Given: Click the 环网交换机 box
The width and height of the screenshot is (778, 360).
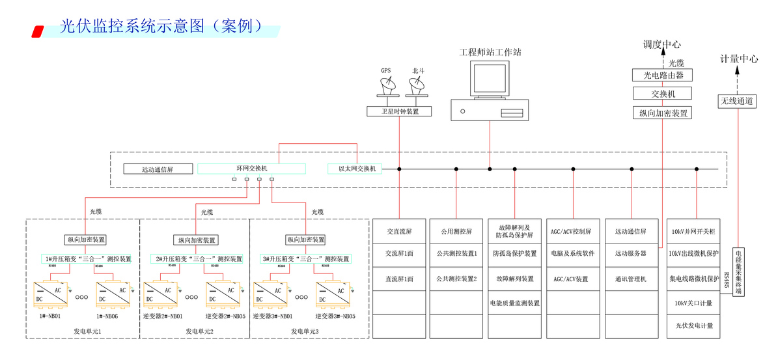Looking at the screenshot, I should point(251,169).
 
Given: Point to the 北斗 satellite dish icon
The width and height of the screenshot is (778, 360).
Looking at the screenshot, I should point(417,85).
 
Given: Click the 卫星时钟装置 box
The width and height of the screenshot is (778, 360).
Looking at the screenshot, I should point(400,112).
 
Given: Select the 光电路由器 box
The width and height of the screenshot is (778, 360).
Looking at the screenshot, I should point(662,75).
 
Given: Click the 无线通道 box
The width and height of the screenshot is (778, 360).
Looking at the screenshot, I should point(738,101).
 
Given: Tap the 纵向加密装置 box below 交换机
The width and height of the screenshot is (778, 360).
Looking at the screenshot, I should point(662,113).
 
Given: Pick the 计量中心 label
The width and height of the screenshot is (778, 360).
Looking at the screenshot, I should point(738,59).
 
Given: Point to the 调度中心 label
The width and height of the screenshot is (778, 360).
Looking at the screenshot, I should point(662,44).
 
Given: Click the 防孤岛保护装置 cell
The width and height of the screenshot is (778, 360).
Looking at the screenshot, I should point(514,253).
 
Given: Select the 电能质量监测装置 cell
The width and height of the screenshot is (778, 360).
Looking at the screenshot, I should point(514,303).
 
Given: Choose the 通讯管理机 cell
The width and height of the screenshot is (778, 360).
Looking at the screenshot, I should point(630,279).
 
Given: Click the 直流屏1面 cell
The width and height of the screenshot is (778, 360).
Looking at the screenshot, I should point(398,279).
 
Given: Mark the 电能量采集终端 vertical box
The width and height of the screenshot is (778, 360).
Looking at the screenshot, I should point(738,271).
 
